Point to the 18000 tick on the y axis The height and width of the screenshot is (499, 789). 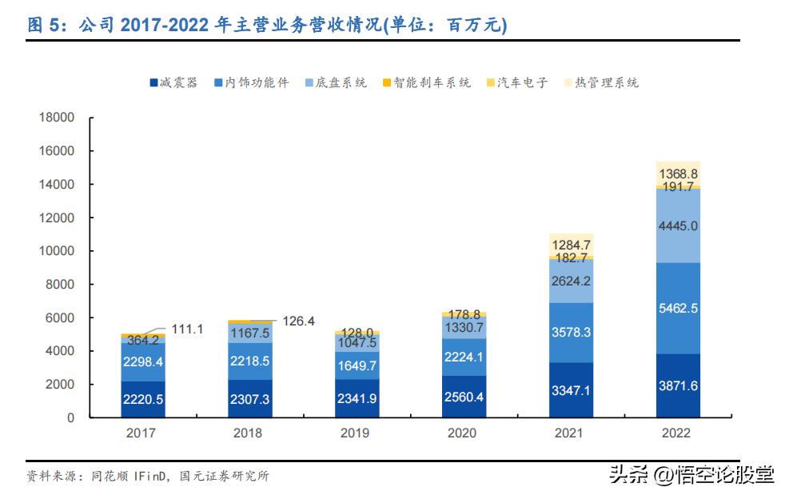click(57, 118)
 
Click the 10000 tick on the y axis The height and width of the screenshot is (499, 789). click(57, 251)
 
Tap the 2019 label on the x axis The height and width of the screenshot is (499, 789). click(355, 433)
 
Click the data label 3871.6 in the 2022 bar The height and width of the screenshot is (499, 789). click(678, 385)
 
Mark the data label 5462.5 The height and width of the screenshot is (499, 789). click(678, 308)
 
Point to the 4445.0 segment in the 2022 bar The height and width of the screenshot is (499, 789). click(678, 226)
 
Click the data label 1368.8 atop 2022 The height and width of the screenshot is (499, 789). click(678, 174)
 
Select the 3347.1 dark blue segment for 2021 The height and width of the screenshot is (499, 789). click(571, 390)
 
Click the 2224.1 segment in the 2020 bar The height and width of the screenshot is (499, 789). click(463, 357)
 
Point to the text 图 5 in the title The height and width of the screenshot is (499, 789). click(44, 26)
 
